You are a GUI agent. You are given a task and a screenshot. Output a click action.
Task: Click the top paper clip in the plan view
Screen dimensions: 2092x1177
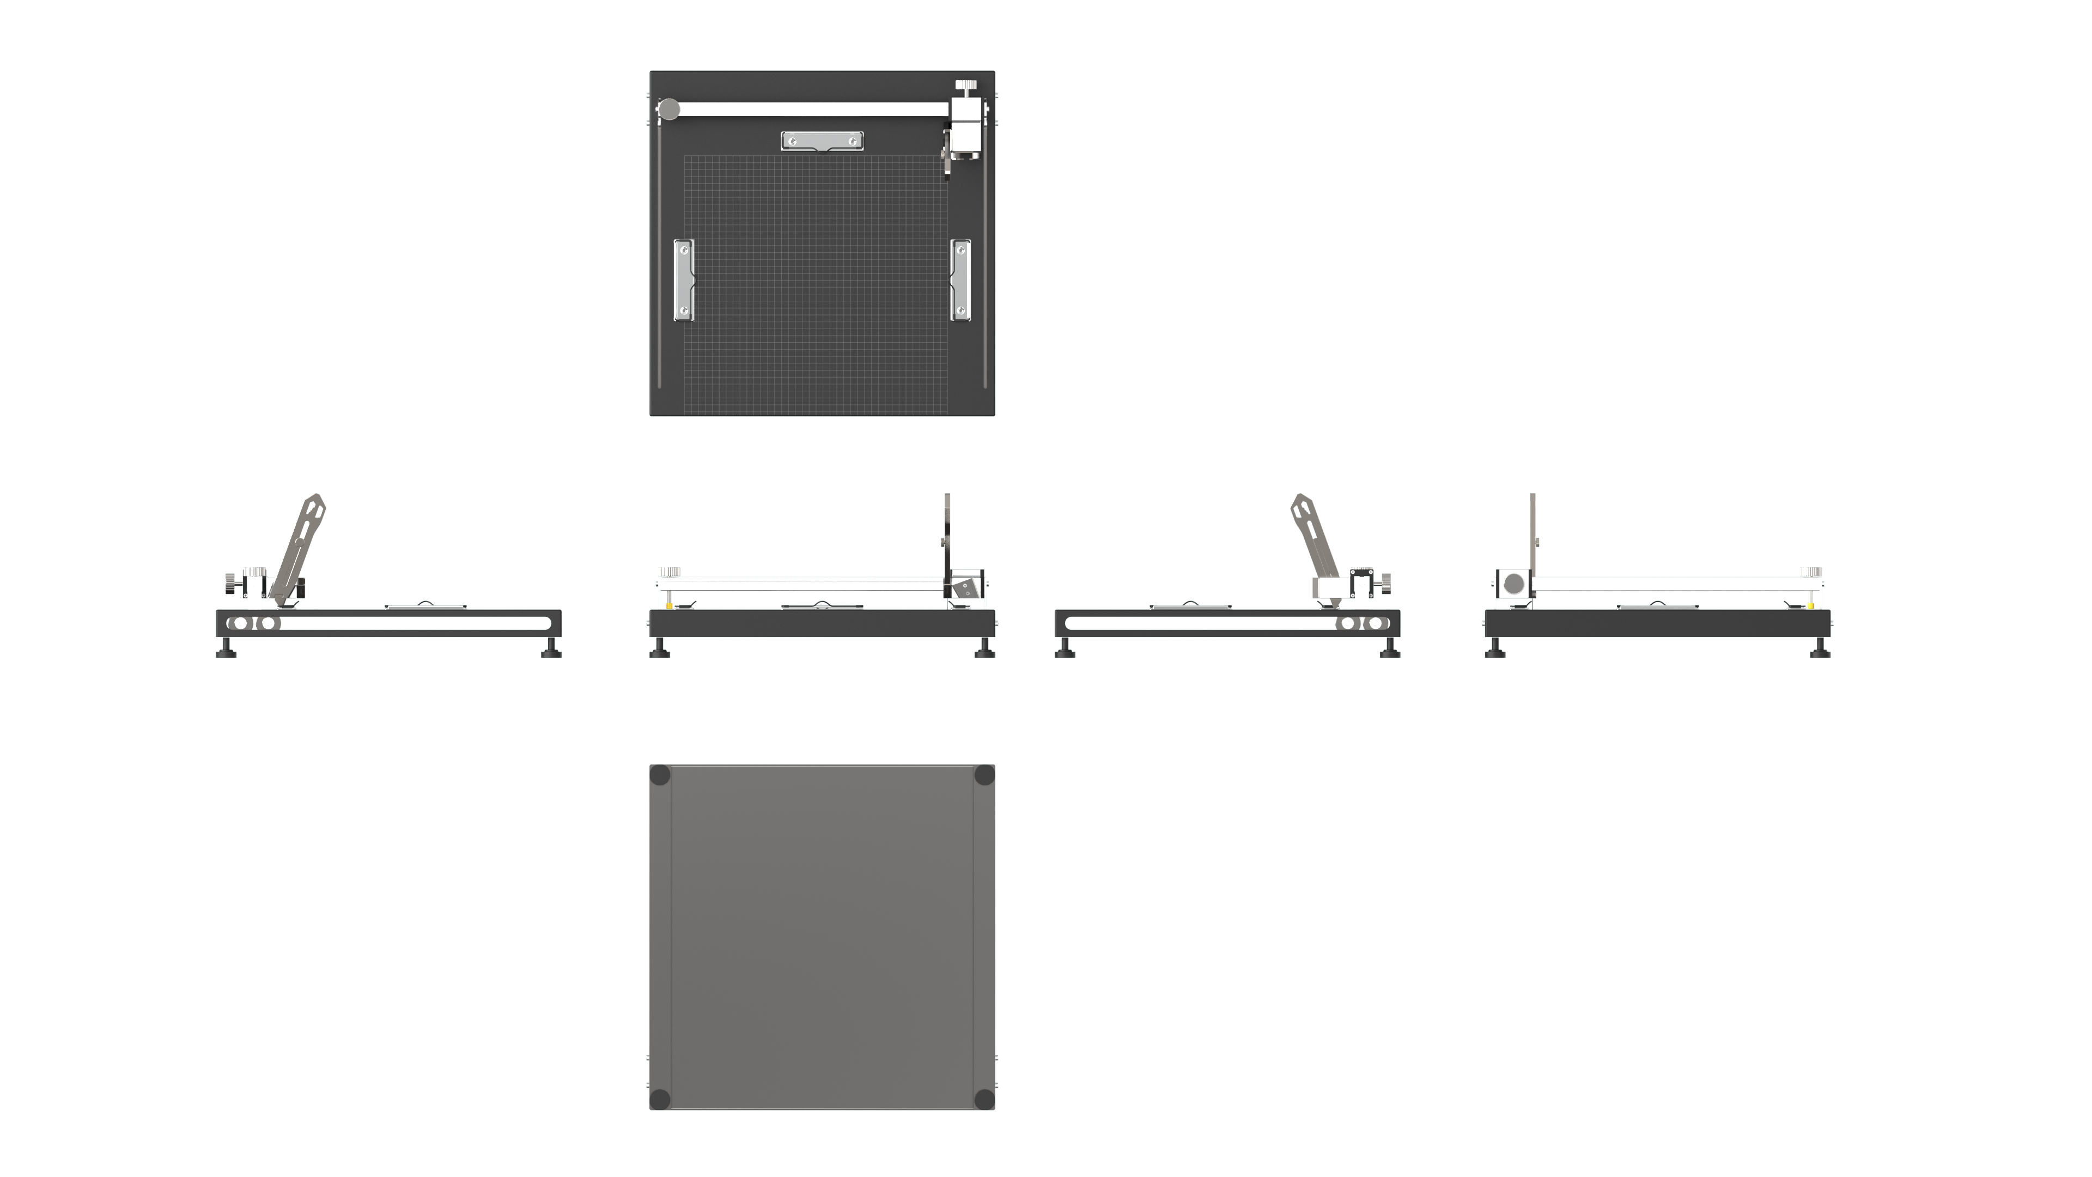[x=822, y=141]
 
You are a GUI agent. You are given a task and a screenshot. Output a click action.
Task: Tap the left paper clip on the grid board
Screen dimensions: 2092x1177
[x=683, y=280]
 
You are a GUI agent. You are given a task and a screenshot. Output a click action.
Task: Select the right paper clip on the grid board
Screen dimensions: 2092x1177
[x=960, y=280]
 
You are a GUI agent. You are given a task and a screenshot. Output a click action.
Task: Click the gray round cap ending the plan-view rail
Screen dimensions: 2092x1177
[x=669, y=110]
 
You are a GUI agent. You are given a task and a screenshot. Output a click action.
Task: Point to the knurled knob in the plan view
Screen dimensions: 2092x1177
[x=965, y=86]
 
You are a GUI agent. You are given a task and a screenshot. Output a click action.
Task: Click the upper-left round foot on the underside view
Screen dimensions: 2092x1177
[x=660, y=775]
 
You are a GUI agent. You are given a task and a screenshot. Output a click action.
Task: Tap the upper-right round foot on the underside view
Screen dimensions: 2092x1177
[x=984, y=775]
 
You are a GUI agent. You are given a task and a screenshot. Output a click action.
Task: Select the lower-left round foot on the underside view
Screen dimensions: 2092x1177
[x=660, y=1099]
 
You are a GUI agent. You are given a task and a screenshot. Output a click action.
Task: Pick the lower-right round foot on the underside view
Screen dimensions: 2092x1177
[x=984, y=1099]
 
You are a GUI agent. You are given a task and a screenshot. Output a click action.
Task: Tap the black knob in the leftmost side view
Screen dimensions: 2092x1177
[x=230, y=583]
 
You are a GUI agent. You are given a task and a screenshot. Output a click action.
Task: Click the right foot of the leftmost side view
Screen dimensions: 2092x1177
[x=551, y=647]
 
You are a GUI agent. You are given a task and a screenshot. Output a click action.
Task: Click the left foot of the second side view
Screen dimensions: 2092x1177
[x=659, y=647]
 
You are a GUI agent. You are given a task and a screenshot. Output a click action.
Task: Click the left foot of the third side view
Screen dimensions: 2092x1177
[x=1065, y=647]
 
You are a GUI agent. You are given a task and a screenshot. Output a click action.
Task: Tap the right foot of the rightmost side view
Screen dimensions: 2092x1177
[x=1820, y=647]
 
